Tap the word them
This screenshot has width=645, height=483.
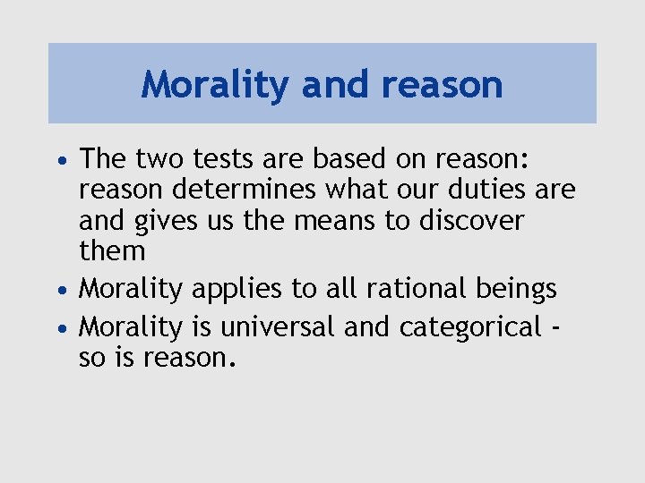112,250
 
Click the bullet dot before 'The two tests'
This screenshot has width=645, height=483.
60,161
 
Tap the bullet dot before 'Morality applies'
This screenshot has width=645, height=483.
60,291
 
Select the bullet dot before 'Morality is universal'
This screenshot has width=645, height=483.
60,329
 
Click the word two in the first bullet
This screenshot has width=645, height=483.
160,159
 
